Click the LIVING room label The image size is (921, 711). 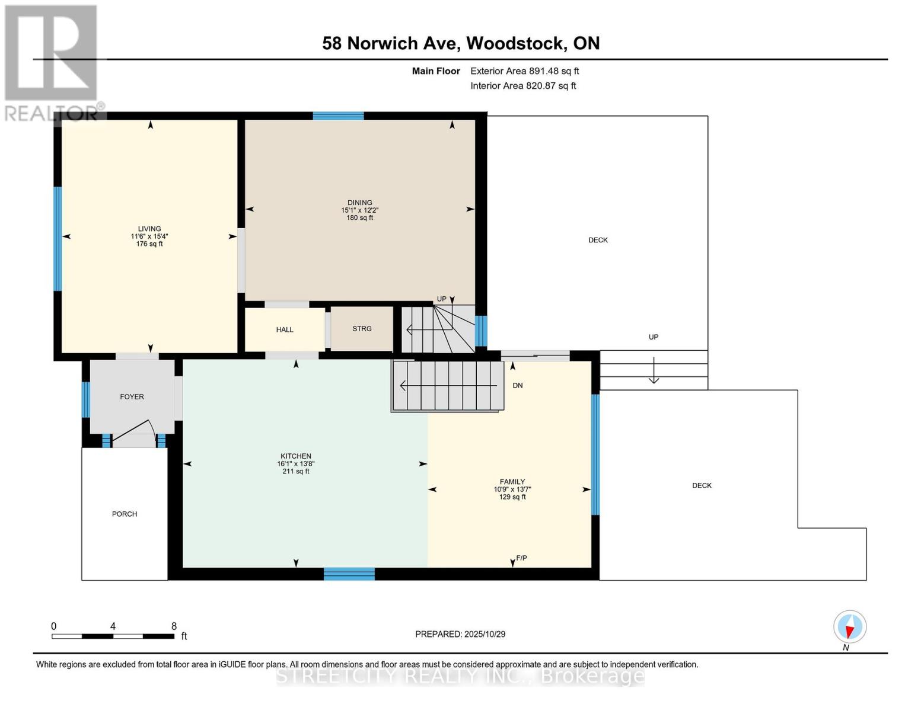pyautogui.click(x=149, y=229)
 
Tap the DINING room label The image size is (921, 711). pyautogui.click(x=360, y=203)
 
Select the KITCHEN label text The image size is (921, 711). pyautogui.click(x=296, y=456)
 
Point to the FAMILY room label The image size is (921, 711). pyautogui.click(x=512, y=482)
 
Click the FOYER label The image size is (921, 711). pyautogui.click(x=132, y=397)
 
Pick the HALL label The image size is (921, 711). pyautogui.click(x=285, y=329)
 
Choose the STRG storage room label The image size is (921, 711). pyautogui.click(x=362, y=329)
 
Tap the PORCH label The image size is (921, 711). pyautogui.click(x=125, y=514)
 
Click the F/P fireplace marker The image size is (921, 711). pyautogui.click(x=522, y=558)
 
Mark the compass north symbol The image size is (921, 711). pyautogui.click(x=850, y=627)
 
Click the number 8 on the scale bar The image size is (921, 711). pyautogui.click(x=174, y=626)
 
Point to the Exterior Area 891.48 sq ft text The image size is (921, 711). pyautogui.click(x=524, y=71)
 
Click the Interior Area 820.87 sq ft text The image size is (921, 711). pyautogui.click(x=523, y=86)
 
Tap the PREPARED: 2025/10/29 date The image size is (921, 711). pyautogui.click(x=460, y=634)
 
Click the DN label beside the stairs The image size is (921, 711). pyautogui.click(x=518, y=386)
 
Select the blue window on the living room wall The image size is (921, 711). pyautogui.click(x=58, y=239)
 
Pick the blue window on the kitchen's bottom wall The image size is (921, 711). pyautogui.click(x=349, y=574)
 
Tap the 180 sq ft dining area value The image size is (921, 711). pyautogui.click(x=360, y=218)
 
